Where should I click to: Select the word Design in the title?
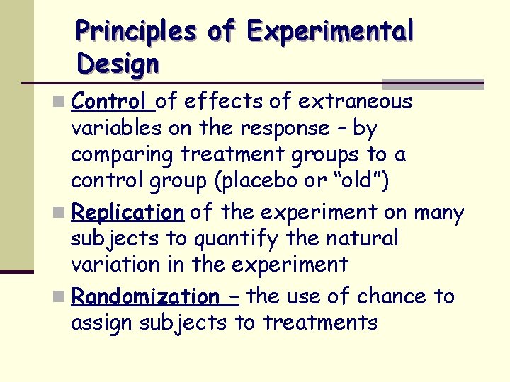[118, 64]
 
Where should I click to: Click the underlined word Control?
[111, 102]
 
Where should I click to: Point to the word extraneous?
[355, 102]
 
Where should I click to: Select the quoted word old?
[359, 182]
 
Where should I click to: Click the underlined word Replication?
[127, 212]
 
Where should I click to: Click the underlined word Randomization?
[145, 296]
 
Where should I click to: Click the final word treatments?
[319, 323]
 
